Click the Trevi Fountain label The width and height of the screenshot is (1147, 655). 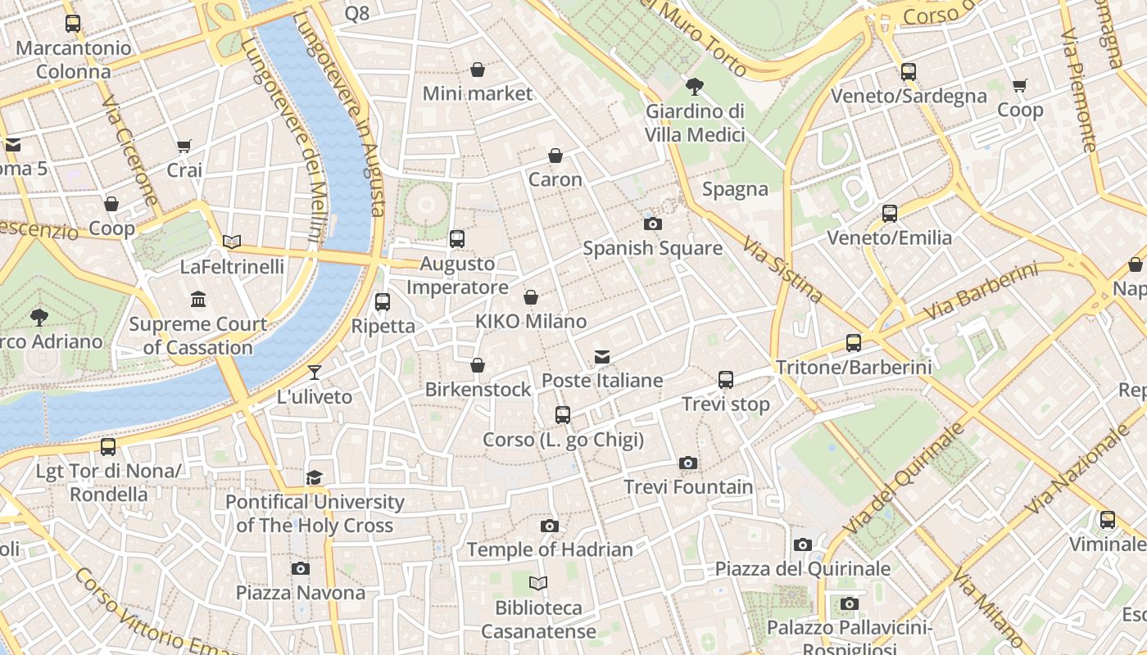(x=688, y=487)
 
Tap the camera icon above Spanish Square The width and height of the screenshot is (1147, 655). (x=653, y=224)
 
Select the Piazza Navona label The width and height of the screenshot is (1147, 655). (x=301, y=592)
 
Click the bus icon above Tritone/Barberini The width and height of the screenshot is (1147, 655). (x=854, y=343)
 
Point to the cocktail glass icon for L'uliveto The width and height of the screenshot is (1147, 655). (x=314, y=373)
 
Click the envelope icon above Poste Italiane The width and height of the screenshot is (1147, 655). (x=602, y=356)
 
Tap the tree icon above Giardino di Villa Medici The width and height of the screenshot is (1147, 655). (x=695, y=86)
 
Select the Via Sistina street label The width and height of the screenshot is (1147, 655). (x=782, y=269)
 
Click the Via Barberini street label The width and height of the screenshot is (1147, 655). (x=980, y=292)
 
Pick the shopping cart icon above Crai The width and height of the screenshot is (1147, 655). (x=184, y=147)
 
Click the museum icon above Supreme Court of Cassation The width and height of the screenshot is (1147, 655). (x=198, y=300)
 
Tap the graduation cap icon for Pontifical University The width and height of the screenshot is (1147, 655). (x=315, y=477)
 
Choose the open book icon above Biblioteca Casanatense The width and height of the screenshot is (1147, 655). (x=538, y=583)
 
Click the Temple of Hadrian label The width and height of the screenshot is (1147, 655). (x=550, y=549)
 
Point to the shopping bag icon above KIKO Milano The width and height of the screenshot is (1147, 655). (x=531, y=297)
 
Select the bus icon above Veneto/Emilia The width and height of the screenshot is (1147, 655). (x=890, y=214)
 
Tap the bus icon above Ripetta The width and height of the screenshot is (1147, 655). (x=383, y=302)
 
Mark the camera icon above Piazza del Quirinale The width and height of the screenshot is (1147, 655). (x=803, y=544)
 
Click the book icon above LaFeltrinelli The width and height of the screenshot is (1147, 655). (x=232, y=242)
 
